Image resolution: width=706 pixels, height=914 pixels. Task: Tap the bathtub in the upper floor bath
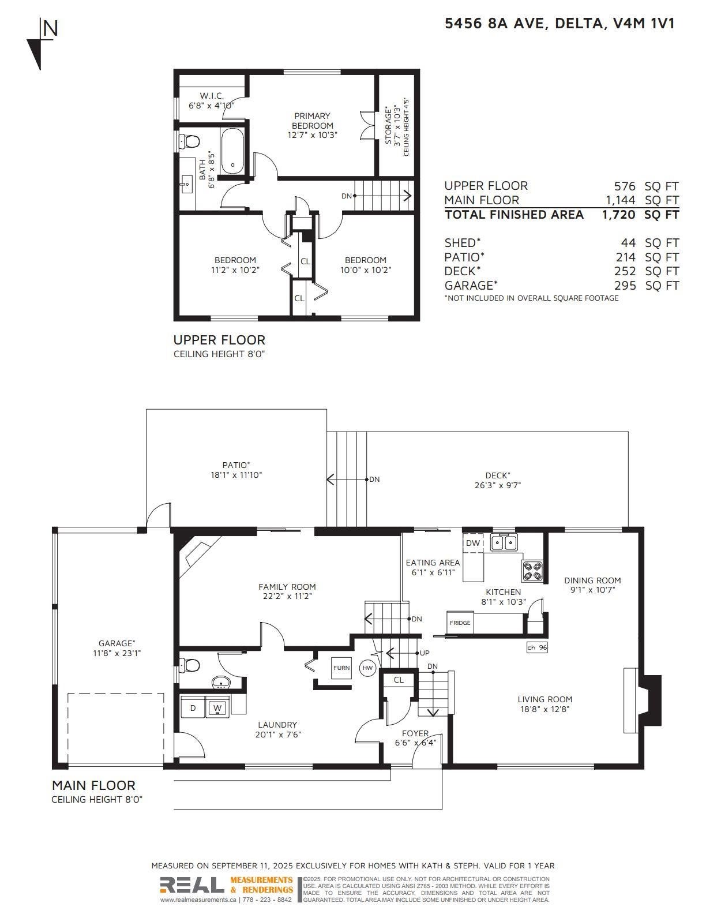(232, 151)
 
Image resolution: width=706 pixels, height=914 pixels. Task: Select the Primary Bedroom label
(312, 121)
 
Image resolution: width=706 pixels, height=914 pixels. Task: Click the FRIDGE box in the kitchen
(460, 623)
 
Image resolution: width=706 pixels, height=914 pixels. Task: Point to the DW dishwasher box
(473, 543)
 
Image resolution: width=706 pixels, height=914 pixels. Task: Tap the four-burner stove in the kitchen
(533, 571)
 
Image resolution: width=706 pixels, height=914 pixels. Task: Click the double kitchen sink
(504, 542)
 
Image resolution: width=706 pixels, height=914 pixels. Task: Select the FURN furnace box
(341, 668)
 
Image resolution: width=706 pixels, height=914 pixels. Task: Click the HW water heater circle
(367, 668)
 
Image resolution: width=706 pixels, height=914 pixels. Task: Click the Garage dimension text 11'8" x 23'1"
(117, 653)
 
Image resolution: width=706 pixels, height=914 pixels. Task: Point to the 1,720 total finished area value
(618, 215)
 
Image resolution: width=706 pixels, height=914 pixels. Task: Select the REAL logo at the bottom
(191, 885)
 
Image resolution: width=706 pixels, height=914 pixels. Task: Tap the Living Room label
(544, 699)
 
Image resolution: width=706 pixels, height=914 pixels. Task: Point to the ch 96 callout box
(537, 647)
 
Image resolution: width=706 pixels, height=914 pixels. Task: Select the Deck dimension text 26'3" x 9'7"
(498, 485)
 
